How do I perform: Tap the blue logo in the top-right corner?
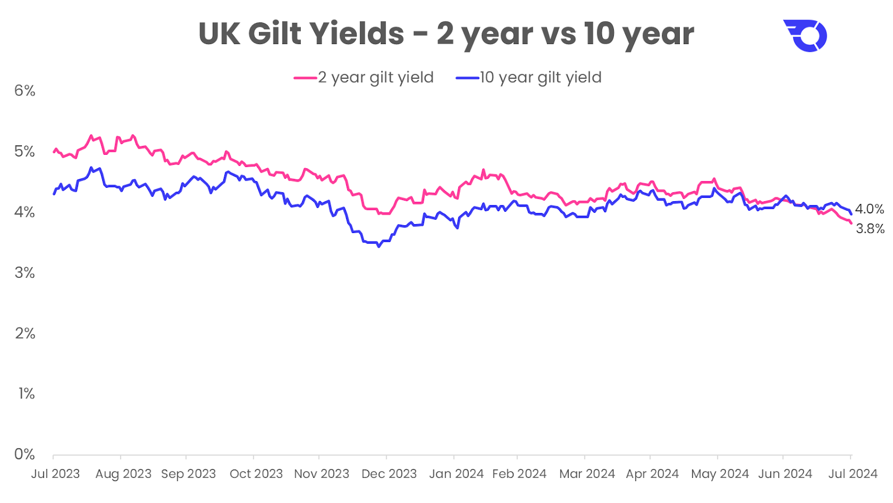click(805, 36)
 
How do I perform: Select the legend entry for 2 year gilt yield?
click(364, 78)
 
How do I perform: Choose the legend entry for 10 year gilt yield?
click(529, 78)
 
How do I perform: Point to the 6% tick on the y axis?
click(25, 91)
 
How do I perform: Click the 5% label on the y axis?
click(25, 151)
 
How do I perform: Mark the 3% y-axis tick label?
click(25, 273)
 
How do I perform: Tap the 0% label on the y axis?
click(25, 454)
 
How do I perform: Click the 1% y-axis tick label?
click(26, 393)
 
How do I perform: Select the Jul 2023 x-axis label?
click(55, 474)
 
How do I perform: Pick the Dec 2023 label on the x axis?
click(389, 474)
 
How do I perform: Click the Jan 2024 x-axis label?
click(456, 474)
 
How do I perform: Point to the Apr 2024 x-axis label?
click(652, 474)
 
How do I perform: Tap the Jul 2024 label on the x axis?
click(852, 474)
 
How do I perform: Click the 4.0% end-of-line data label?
click(870, 209)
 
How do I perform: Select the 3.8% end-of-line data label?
click(870, 229)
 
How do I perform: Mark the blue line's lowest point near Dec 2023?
click(378, 246)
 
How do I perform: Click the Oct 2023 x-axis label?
click(256, 474)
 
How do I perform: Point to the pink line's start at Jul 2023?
click(54, 151)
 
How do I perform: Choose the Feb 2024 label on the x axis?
click(519, 474)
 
